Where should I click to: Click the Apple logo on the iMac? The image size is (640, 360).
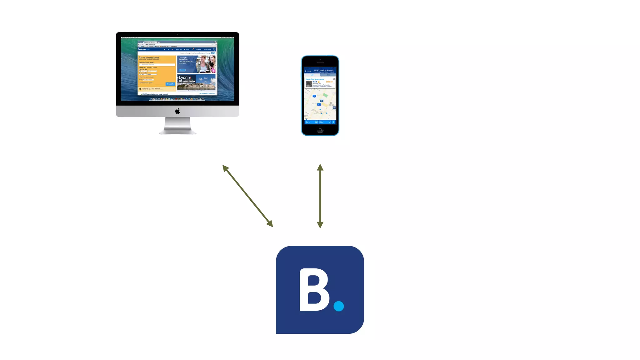point(177,111)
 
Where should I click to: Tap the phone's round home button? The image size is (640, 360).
point(320,130)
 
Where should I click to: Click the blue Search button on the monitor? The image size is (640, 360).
point(170,84)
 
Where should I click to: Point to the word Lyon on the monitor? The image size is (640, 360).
point(183,77)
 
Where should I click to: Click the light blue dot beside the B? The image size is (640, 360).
point(338,306)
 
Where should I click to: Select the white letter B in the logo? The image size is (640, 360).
point(313,290)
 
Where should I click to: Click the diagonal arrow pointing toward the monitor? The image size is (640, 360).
point(247,196)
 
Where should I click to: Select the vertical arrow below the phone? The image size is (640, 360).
point(320,196)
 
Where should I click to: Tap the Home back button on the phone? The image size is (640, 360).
point(308,71)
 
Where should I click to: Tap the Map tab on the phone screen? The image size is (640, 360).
point(328,75)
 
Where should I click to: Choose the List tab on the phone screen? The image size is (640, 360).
point(312,75)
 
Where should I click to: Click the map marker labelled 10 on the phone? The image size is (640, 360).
point(314,96)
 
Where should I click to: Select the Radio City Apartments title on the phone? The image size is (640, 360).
point(315,79)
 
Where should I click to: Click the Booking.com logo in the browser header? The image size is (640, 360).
point(144,49)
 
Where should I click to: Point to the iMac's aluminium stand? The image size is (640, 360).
point(177,126)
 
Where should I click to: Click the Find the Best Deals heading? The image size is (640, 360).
point(150,57)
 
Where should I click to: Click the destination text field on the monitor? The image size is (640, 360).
point(157,65)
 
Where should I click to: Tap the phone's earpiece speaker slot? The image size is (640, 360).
point(320,62)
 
